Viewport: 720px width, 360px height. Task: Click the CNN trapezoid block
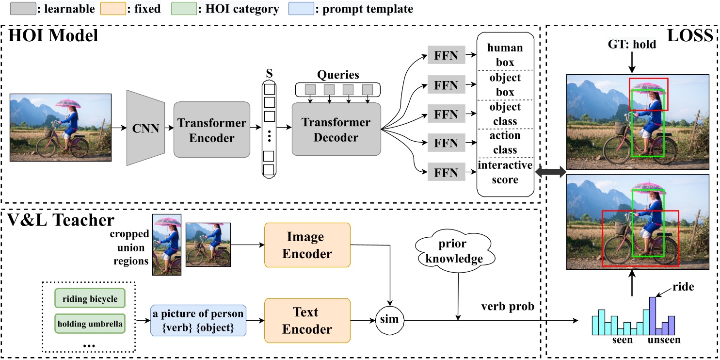point(145,127)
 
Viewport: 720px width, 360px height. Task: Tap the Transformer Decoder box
point(336,129)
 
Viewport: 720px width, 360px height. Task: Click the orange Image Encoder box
point(307,245)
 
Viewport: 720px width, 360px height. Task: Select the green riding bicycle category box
point(90,298)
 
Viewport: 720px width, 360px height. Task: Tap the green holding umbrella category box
point(90,322)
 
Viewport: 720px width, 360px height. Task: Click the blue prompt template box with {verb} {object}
point(198,321)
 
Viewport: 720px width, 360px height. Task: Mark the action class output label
point(504,143)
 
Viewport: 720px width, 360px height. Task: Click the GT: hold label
point(632,45)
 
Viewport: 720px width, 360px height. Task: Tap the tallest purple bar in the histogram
point(653,316)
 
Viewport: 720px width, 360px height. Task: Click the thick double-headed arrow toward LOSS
point(549,171)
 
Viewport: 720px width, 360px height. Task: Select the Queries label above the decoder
point(338,75)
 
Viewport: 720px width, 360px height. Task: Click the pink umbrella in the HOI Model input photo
point(68,103)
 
